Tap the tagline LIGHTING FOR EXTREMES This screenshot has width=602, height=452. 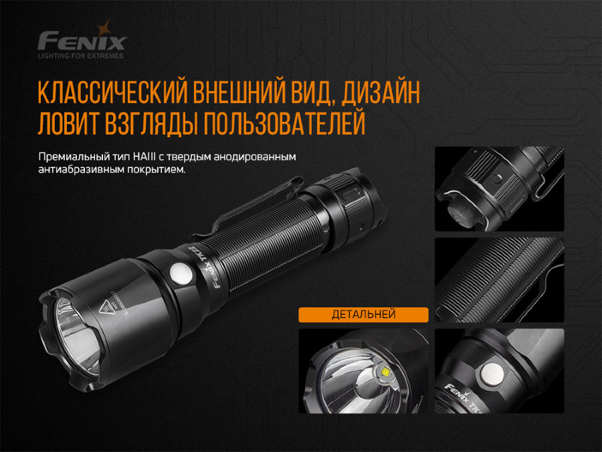pyautogui.click(x=81, y=56)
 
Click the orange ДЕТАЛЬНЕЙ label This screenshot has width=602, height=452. pyautogui.click(x=363, y=314)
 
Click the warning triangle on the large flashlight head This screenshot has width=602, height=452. pyautogui.click(x=108, y=307)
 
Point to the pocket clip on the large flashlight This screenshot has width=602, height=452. pyautogui.click(x=247, y=201)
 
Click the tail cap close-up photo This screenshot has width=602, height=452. pyautogui.click(x=499, y=190)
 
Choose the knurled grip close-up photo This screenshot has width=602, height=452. pyautogui.click(x=499, y=279)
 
